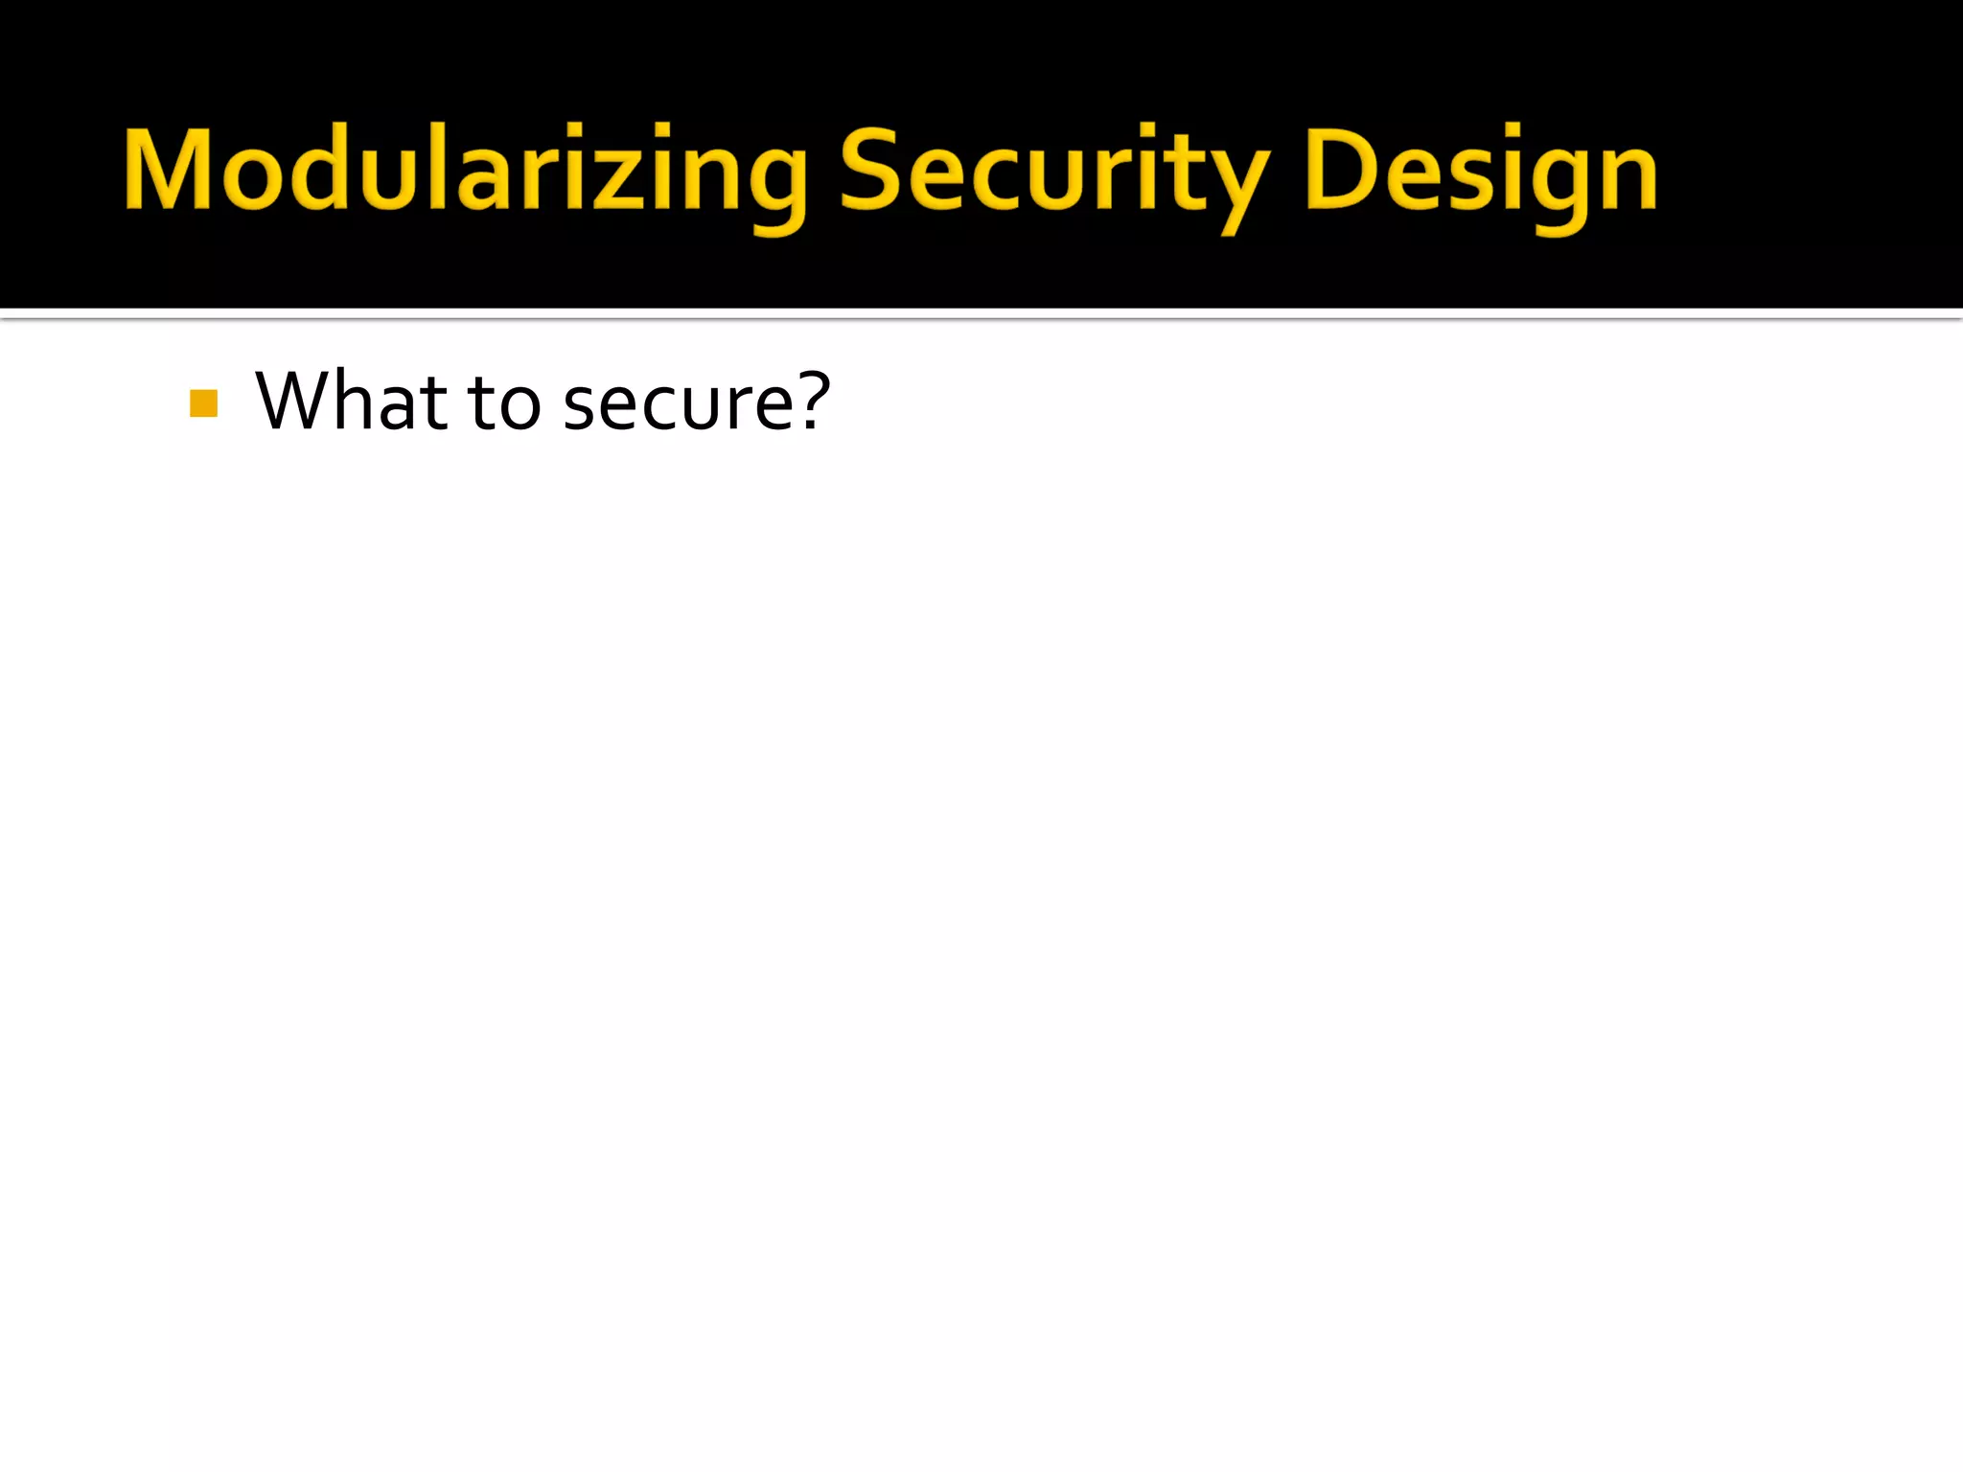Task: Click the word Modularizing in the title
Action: point(466,172)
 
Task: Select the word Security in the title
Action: point(1054,172)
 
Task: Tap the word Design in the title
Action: point(1482,172)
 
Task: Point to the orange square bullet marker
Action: point(204,403)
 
